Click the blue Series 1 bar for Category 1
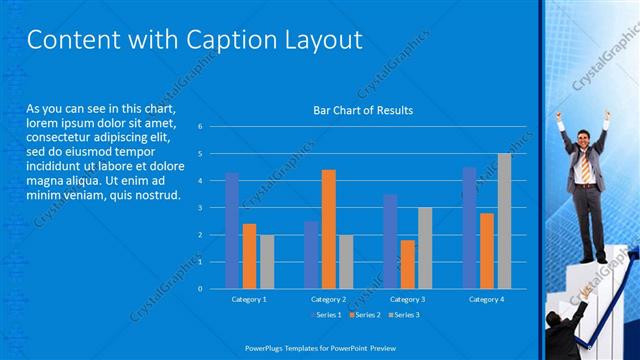pos(232,231)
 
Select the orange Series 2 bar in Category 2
pos(329,229)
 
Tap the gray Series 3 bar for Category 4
pos(504,221)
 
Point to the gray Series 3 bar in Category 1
pos(266,262)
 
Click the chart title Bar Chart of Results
pos(363,110)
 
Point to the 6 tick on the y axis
pos(201,127)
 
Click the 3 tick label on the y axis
pos(201,208)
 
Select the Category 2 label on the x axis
pos(328,299)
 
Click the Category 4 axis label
pos(487,299)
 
